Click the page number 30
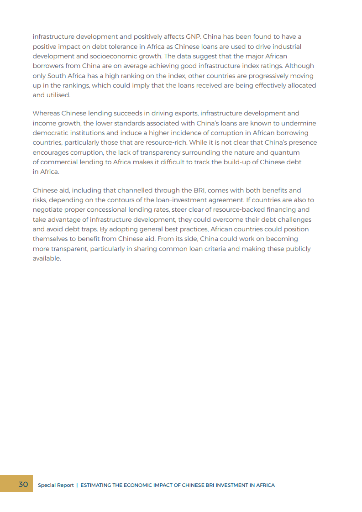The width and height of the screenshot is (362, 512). [x=23, y=484]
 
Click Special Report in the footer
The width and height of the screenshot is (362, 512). [x=56, y=485]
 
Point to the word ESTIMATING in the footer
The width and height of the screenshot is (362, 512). [x=97, y=485]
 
